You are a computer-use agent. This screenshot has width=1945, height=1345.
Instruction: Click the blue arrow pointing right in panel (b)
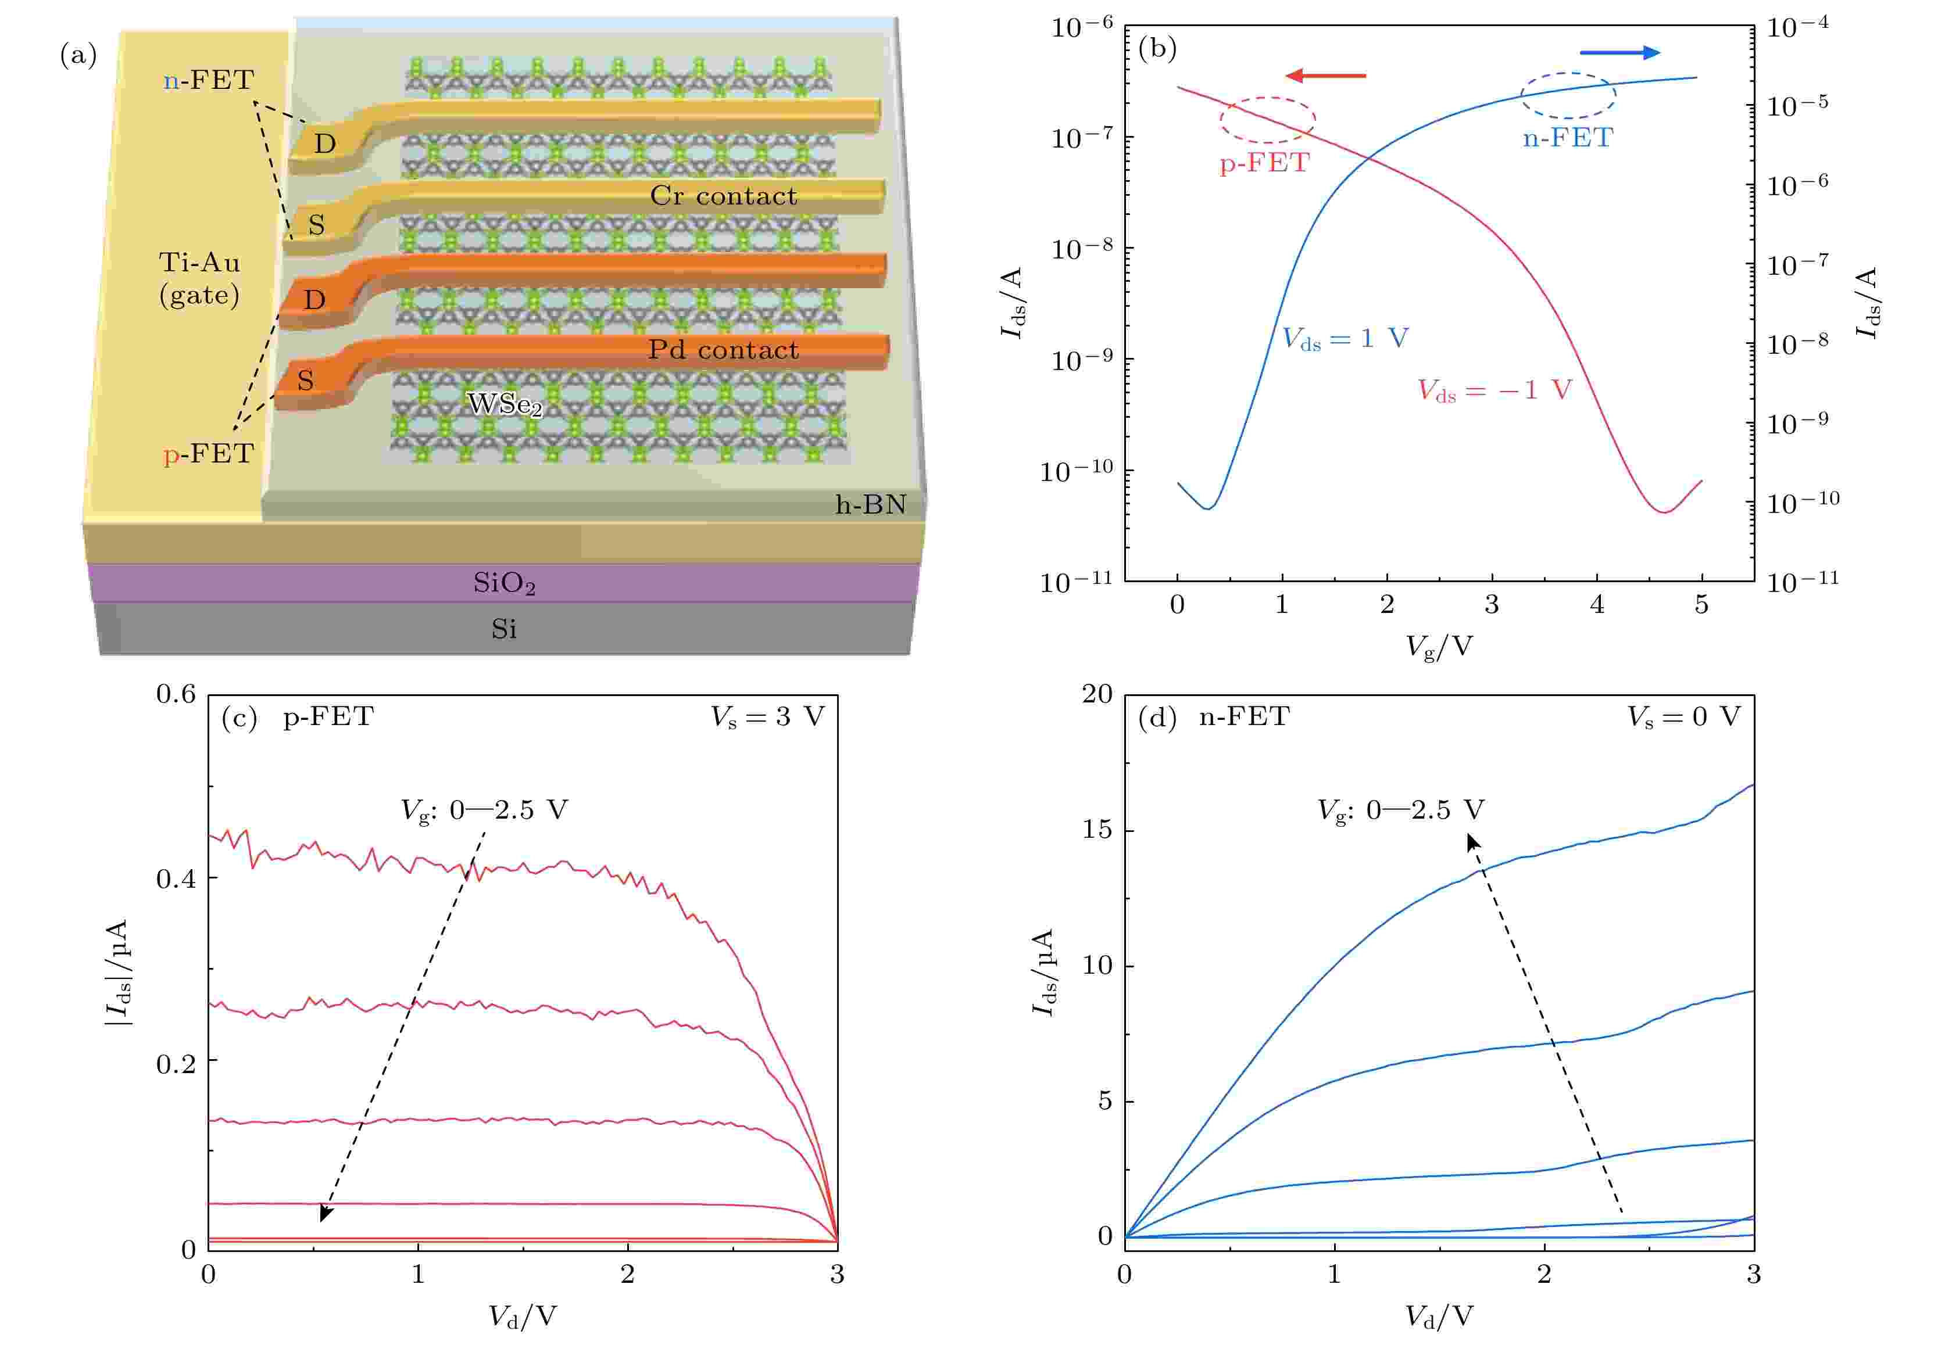pyautogui.click(x=1619, y=53)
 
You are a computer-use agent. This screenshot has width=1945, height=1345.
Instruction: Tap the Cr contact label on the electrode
pyautogui.click(x=723, y=196)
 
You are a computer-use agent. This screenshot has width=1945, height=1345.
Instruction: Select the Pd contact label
pyautogui.click(x=723, y=350)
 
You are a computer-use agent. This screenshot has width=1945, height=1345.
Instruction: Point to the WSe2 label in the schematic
pyautogui.click(x=504, y=406)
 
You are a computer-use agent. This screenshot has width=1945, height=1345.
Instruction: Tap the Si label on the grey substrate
pyautogui.click(x=503, y=629)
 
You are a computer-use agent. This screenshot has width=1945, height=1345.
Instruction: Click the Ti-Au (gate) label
pyautogui.click(x=200, y=278)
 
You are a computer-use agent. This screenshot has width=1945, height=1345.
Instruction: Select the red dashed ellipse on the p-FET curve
pyautogui.click(x=1266, y=119)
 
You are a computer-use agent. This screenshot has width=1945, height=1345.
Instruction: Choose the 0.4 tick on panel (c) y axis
pyautogui.click(x=176, y=878)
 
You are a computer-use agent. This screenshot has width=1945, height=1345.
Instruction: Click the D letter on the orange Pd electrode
pyautogui.click(x=314, y=300)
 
